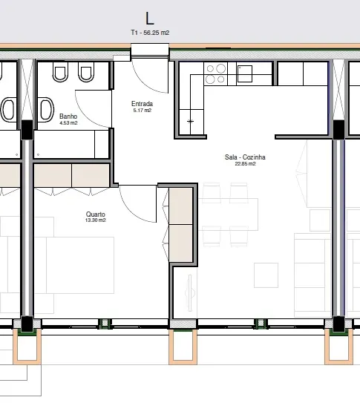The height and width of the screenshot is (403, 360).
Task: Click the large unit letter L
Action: pos(150,19)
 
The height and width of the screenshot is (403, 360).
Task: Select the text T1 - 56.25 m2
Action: pos(150,33)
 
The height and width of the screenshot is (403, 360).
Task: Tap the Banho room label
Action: pos(68,117)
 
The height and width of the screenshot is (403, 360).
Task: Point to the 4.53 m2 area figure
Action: pos(68,123)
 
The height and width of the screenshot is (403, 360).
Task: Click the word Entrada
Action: pos(142,104)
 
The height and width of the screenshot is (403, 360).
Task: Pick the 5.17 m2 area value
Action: pos(143,111)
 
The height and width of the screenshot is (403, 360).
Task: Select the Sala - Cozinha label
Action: pos(245,157)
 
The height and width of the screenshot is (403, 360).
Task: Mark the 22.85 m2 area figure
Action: pos(245,164)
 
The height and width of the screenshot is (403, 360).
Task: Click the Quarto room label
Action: pos(96,214)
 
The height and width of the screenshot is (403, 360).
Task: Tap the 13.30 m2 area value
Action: pos(95,220)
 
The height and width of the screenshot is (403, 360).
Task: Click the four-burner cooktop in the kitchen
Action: pos(215,74)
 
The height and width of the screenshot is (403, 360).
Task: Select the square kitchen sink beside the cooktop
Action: pos(245,73)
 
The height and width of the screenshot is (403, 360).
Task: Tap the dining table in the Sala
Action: pos(229,214)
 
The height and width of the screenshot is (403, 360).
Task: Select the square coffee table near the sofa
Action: pos(266,275)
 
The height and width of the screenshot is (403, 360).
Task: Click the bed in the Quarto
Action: pos(80,265)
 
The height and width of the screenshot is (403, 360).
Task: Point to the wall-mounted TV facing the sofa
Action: pos(190,293)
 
